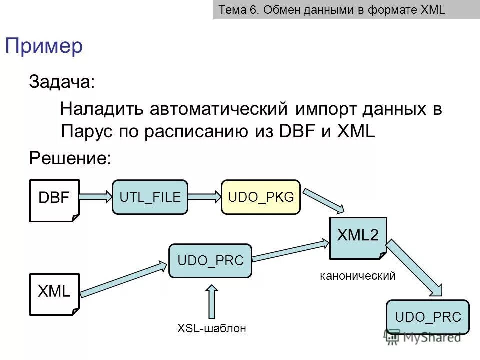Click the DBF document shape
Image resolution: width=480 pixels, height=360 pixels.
tap(54, 200)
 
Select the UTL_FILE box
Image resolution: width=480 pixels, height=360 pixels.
tap(150, 197)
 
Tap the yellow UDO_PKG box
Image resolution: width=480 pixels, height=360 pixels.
tap(261, 197)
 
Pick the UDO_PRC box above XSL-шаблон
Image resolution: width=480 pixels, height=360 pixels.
tap(210, 260)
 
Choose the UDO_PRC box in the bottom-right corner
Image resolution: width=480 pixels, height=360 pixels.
tap(428, 317)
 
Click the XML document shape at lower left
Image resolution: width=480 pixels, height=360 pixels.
tap(54, 294)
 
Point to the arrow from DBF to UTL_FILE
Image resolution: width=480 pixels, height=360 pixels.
tap(96, 197)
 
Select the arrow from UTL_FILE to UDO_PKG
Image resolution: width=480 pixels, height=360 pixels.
tap(204, 197)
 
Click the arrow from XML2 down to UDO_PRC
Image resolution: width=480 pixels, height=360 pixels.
tap(415, 269)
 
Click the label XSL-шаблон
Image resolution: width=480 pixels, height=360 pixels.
tap(212, 328)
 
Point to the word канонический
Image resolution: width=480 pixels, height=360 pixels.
tap(358, 275)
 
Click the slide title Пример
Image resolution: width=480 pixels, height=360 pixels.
tap(44, 46)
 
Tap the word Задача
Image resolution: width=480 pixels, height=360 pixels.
tap(61, 81)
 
